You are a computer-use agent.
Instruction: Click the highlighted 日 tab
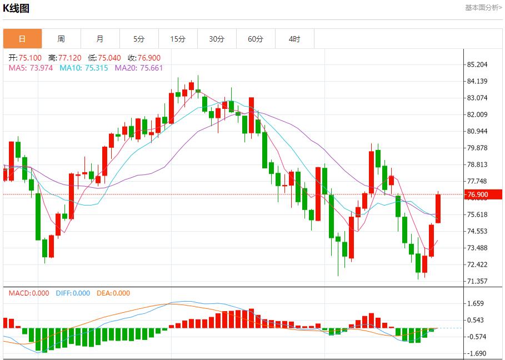(22, 39)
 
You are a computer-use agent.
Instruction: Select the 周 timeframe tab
(61, 39)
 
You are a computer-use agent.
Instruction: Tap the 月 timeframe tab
(100, 39)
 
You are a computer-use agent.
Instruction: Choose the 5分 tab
(139, 39)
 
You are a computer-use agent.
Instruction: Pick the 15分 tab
(178, 39)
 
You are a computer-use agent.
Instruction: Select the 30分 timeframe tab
(217, 39)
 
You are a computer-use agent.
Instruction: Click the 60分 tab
(256, 39)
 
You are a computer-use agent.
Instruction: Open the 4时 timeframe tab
(294, 39)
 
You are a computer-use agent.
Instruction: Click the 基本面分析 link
(483, 8)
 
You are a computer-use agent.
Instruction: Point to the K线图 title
(16, 8)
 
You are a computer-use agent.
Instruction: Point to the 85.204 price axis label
(478, 64)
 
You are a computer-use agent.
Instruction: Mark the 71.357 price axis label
(478, 281)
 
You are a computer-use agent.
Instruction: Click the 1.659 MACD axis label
(477, 303)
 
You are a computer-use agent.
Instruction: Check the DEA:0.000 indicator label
(113, 293)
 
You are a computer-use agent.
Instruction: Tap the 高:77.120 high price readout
(64, 58)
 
